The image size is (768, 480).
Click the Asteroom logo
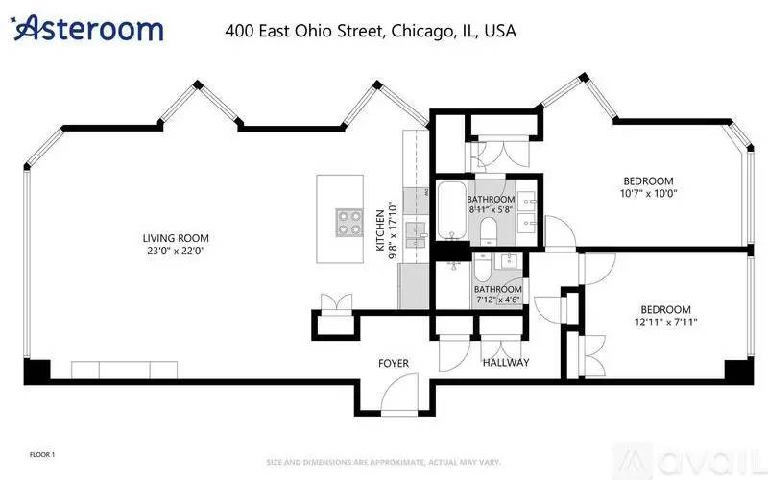86,28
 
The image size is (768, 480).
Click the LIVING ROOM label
176,238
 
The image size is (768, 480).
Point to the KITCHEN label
380,230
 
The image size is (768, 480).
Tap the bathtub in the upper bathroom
451,210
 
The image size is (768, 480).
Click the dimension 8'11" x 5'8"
491,209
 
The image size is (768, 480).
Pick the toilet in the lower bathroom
482,267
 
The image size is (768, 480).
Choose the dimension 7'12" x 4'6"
497,300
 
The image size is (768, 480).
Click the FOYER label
394,364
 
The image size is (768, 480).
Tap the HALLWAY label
506,363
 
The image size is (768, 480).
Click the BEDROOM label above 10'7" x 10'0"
648,180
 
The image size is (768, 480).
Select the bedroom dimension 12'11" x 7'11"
665,323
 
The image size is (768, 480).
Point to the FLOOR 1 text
42,454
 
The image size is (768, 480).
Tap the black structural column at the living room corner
37,371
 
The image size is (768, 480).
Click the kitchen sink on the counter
416,234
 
